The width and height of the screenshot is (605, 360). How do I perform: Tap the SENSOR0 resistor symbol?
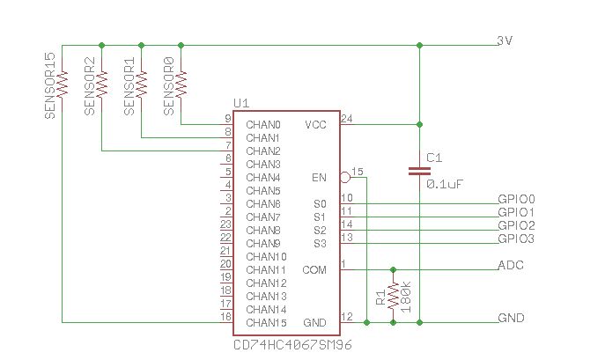click(181, 83)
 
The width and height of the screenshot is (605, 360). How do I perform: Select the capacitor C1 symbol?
click(418, 170)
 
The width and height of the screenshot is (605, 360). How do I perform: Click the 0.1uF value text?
click(445, 184)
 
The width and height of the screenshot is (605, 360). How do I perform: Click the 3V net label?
click(505, 40)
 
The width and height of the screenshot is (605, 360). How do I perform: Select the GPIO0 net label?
click(516, 199)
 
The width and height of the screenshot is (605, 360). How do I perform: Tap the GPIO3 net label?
click(516, 239)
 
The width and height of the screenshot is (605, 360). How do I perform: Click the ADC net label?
click(511, 265)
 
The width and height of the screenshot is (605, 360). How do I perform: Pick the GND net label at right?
click(511, 318)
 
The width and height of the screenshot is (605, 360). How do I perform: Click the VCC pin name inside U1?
click(315, 124)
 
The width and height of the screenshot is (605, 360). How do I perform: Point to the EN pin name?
click(319, 177)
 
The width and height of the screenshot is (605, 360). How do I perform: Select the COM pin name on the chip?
click(314, 269)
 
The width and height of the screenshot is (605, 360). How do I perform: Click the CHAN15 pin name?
click(266, 322)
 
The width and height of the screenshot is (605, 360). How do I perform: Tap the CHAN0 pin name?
click(263, 124)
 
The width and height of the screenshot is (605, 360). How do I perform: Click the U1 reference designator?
click(240, 104)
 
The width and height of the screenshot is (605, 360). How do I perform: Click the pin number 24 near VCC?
click(346, 118)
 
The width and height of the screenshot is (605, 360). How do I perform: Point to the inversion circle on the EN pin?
click(345, 177)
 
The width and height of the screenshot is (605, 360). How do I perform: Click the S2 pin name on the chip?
click(319, 230)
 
